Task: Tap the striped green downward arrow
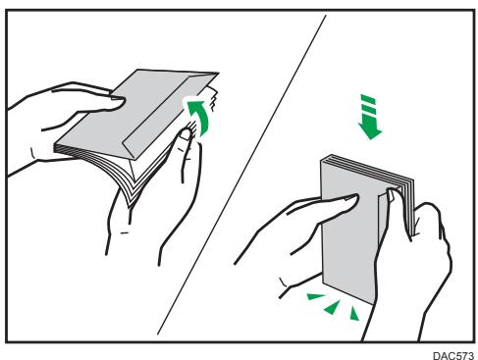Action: point(370,117)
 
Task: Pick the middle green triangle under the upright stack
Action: point(333,307)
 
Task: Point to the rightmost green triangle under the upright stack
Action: point(354,314)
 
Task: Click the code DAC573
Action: point(453,355)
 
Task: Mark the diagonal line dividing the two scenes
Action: point(241,175)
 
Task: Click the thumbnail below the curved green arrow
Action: point(186,134)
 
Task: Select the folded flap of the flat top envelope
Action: point(170,115)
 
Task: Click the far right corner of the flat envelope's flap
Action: point(219,74)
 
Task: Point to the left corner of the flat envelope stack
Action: point(55,145)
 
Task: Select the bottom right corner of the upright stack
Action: point(374,304)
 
